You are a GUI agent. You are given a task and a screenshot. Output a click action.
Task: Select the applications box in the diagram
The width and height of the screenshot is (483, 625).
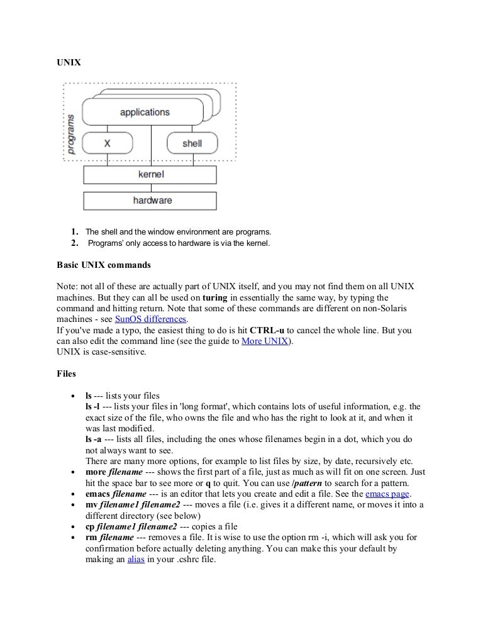144,113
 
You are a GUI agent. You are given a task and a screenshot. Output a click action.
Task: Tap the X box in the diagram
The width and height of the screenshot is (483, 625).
107,143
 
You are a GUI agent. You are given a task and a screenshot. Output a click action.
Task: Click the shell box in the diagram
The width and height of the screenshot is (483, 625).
192,143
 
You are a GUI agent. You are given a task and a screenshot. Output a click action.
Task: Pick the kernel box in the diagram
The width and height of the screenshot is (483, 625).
150,174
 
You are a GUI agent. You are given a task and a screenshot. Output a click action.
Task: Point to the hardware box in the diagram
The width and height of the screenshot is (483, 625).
150,201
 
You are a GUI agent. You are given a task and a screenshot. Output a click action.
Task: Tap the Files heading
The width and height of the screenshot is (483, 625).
67,373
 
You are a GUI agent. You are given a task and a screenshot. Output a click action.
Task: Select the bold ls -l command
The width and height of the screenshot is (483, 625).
92,407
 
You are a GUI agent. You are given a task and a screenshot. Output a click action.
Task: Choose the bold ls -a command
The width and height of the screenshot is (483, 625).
93,438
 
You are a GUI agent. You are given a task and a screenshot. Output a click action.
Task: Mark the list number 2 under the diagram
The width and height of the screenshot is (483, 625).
74,243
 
